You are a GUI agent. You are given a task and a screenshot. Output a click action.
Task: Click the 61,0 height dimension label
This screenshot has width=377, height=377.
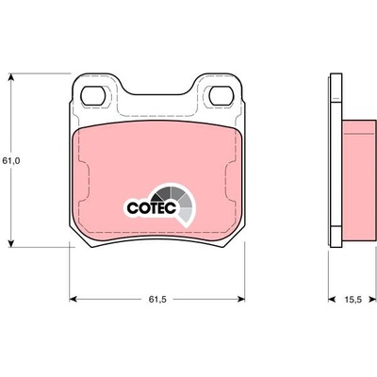(x=11, y=161)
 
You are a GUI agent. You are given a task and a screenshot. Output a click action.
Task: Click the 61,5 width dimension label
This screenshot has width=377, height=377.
(x=157, y=300)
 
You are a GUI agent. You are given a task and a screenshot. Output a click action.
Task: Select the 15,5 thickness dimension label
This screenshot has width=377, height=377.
(x=353, y=300)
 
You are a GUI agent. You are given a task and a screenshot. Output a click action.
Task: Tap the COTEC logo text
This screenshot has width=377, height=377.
(x=151, y=208)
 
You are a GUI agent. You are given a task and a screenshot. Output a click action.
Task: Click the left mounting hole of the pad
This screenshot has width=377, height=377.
(x=92, y=96)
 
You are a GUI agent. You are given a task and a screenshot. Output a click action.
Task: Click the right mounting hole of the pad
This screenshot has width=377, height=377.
(x=221, y=96)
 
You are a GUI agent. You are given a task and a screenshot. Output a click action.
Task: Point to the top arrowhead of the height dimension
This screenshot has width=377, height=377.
(x=11, y=77)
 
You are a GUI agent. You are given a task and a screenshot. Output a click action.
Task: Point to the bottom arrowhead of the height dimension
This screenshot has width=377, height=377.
(x=11, y=243)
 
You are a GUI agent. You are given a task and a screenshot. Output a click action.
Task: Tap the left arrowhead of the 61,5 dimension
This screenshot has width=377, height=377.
(x=74, y=300)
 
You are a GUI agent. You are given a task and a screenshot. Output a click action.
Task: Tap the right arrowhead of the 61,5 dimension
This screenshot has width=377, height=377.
(x=240, y=300)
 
